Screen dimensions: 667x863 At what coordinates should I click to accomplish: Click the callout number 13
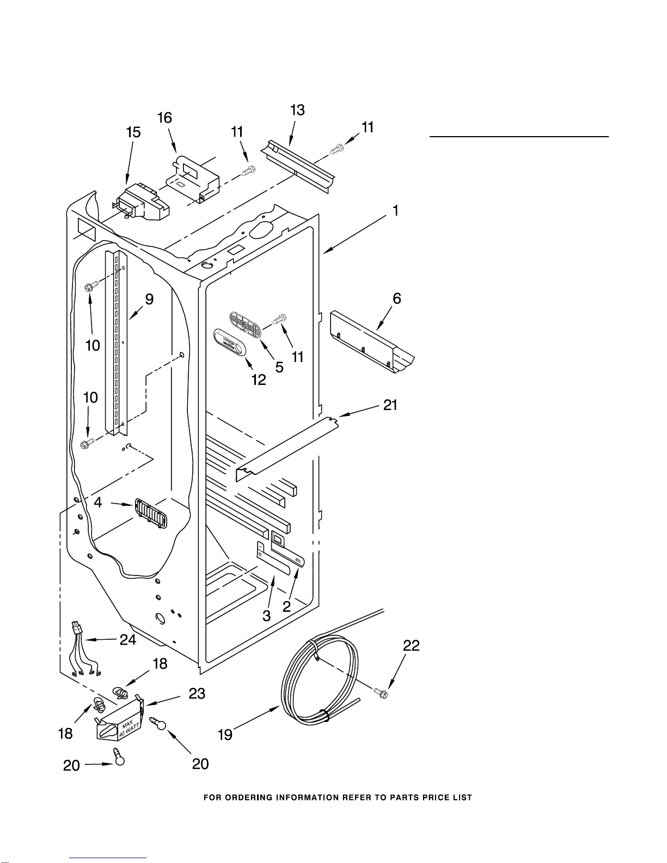(297, 110)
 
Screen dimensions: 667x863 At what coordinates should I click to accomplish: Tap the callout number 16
(165, 118)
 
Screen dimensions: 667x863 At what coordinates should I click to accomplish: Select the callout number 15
(133, 132)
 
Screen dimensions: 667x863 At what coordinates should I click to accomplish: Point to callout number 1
(395, 211)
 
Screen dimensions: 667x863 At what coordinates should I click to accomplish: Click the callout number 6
(397, 299)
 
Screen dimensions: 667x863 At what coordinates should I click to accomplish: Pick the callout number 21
(390, 405)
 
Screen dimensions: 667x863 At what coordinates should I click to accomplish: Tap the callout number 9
(149, 299)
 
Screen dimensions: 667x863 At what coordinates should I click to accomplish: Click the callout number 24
(128, 639)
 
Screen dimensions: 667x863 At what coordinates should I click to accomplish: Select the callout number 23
(197, 694)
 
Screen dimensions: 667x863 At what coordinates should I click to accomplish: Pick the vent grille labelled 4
(151, 513)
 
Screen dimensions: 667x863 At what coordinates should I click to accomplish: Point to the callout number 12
(259, 380)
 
